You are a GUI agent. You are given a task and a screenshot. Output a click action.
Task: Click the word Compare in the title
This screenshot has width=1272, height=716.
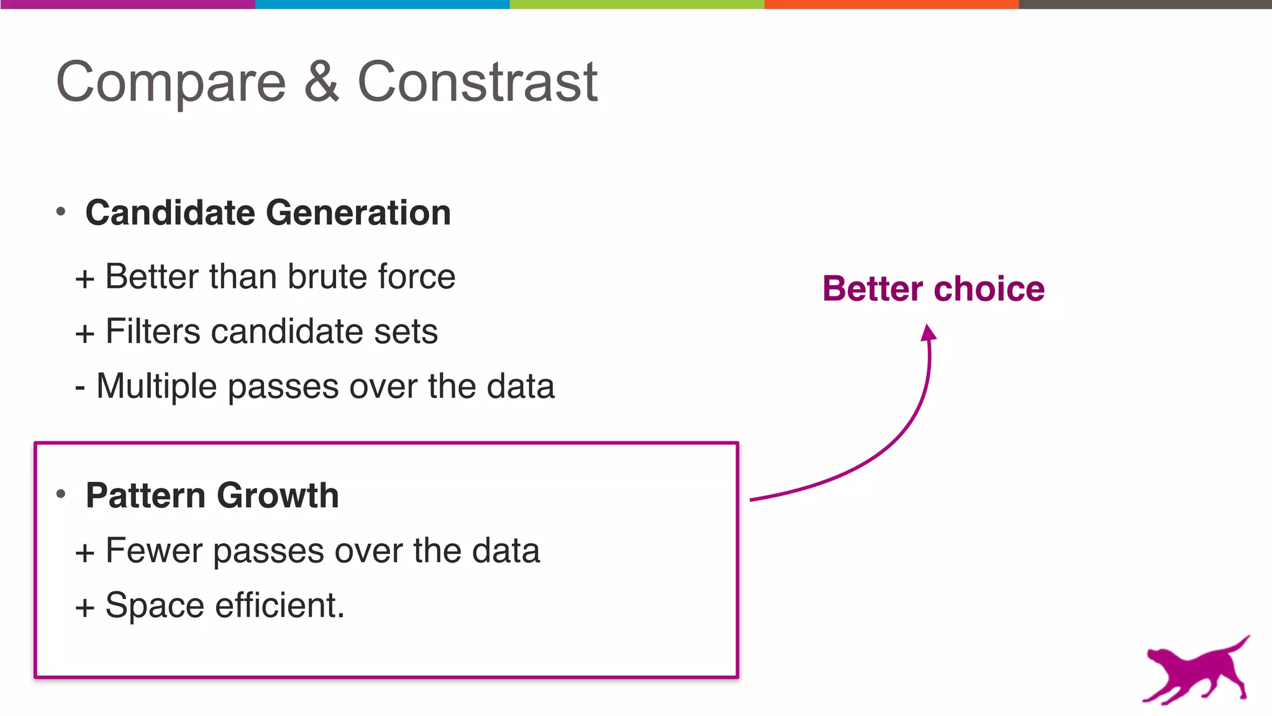point(171,83)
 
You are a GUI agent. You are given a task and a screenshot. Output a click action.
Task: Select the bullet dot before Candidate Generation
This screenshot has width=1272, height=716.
point(61,212)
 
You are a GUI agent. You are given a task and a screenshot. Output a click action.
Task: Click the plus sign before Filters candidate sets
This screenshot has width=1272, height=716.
point(85,334)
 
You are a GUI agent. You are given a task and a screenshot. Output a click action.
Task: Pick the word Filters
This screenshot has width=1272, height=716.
point(153,331)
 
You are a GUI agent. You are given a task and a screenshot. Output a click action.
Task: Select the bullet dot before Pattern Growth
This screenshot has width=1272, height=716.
point(61,495)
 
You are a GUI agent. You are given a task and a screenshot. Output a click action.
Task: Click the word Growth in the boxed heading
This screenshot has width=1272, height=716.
point(278,495)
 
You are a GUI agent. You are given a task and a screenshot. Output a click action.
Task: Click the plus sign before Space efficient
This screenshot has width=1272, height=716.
point(85,607)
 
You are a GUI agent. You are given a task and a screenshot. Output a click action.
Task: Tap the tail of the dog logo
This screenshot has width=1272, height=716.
point(1238,643)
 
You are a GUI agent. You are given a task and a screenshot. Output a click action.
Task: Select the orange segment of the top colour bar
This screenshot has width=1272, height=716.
point(891,4)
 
